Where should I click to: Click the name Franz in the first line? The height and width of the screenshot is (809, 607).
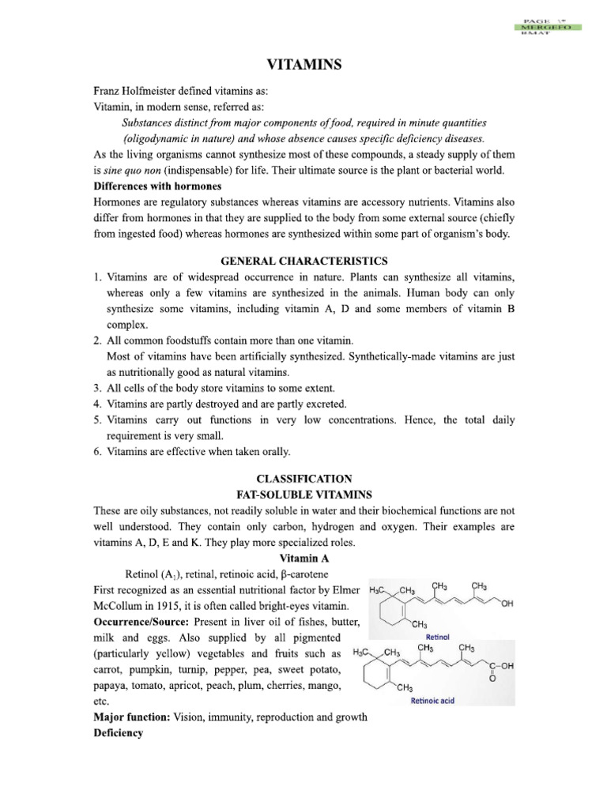110,92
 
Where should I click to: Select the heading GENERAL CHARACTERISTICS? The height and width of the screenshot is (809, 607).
303,260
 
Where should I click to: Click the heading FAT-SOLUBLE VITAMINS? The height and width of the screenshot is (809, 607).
303,494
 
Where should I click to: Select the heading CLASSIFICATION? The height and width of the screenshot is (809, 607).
303,479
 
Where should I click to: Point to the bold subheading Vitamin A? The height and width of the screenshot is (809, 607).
303,557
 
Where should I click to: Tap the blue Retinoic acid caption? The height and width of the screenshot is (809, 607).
433,699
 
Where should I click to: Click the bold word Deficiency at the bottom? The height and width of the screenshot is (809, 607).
118,732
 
